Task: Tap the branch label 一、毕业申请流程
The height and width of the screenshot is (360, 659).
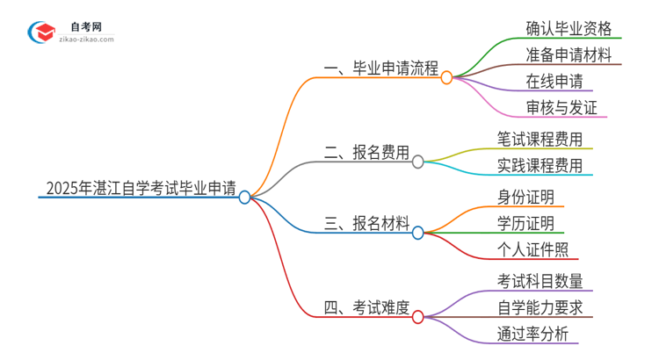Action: point(381,69)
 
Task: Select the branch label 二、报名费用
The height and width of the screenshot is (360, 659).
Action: point(367,153)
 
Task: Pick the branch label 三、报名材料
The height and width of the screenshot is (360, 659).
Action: point(367,224)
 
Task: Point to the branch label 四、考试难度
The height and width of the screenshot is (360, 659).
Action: point(367,307)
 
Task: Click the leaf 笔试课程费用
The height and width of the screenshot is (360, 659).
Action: point(539,139)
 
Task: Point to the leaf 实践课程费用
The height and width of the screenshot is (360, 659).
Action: point(539,165)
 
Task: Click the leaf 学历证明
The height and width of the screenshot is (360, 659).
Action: point(525,223)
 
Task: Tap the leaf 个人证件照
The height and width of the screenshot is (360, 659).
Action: point(532,249)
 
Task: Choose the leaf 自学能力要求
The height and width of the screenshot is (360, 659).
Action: point(539,307)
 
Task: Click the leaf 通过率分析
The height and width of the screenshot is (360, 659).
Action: point(532,334)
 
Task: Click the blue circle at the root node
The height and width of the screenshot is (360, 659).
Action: point(245,197)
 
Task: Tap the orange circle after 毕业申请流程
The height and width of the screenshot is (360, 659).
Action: point(446,77)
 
